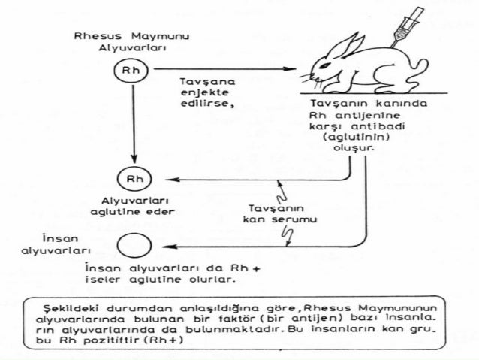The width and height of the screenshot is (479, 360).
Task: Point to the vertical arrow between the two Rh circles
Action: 132,120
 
